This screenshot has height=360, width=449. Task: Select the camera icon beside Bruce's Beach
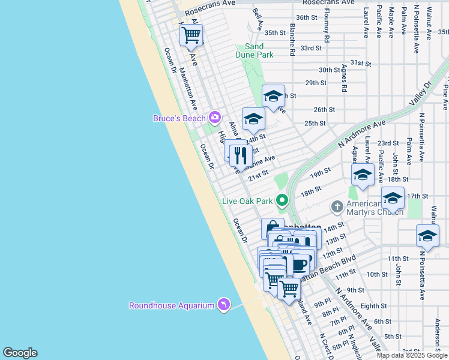(x=214, y=118)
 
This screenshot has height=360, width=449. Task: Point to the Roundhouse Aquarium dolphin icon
(x=223, y=305)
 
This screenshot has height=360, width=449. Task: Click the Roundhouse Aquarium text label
(x=172, y=305)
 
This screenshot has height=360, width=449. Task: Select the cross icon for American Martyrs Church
(x=337, y=207)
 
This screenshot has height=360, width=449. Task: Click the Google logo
(x=20, y=353)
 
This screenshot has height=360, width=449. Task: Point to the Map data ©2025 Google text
(x=412, y=355)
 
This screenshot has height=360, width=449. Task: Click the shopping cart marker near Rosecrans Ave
(x=191, y=35)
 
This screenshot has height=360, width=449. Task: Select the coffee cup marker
(x=300, y=263)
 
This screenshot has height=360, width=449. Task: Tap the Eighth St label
(x=373, y=306)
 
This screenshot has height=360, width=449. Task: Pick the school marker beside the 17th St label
(x=393, y=197)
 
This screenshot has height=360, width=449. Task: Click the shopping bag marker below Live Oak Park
(x=273, y=228)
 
